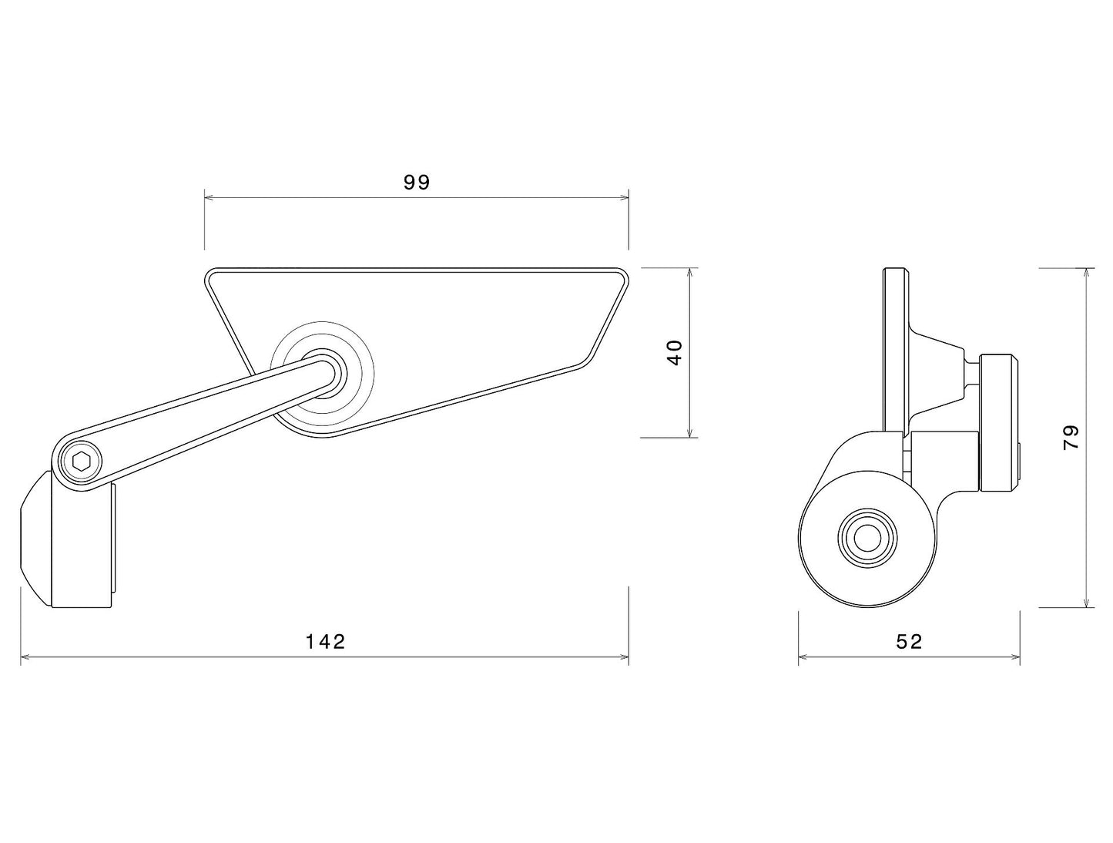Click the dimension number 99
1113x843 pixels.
pos(417,183)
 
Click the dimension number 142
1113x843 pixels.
pos(325,641)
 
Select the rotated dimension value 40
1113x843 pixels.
pos(675,352)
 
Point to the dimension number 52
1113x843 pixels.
pos(909,641)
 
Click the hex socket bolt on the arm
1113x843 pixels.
pos(82,462)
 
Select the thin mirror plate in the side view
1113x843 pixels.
pos(894,347)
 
